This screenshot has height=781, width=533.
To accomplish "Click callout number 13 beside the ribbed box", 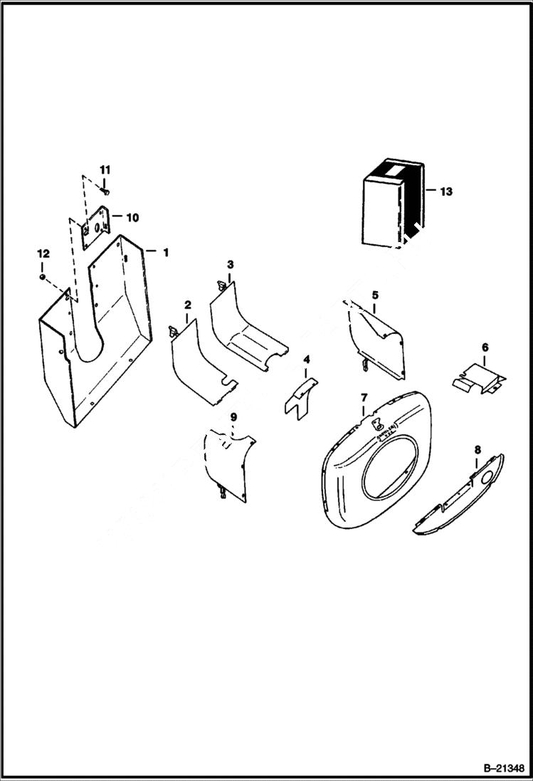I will [x=445, y=192].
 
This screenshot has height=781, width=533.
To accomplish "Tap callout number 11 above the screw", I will [x=105, y=169].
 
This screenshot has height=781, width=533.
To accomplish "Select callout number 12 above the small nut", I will [x=43, y=253].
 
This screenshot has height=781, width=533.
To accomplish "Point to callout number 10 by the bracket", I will [x=132, y=216].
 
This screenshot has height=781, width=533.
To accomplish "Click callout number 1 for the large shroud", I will [x=165, y=252].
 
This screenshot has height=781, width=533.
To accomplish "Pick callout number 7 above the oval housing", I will [x=364, y=397].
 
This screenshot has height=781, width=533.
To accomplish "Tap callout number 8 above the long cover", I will [x=477, y=449].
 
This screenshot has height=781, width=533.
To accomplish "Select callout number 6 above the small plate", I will [x=485, y=347].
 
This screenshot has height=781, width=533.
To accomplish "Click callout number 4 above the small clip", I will [x=307, y=359].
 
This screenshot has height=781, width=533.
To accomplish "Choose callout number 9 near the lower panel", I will [x=233, y=416].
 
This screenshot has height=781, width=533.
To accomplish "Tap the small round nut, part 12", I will [x=43, y=276].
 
